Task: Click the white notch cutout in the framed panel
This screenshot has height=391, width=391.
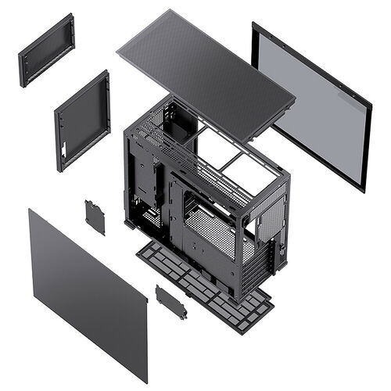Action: (x=60, y=145)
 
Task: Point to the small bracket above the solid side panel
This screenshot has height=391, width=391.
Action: (x=95, y=217)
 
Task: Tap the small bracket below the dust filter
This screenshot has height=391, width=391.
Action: (x=170, y=301)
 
